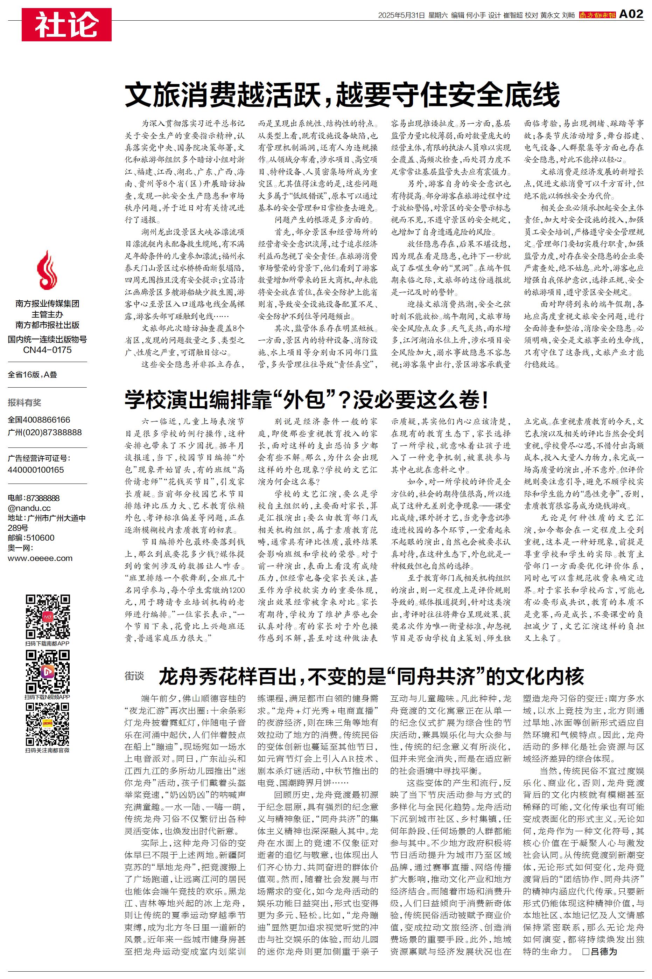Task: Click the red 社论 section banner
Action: pyautogui.click(x=66, y=25)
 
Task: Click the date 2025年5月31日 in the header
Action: pyautogui.click(x=401, y=15)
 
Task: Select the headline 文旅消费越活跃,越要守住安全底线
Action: pyautogui.click(x=342, y=95)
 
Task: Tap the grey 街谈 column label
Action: pyautogui.click(x=134, y=676)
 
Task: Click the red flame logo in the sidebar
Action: pyautogui.click(x=47, y=270)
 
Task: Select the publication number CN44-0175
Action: pyautogui.click(x=47, y=350)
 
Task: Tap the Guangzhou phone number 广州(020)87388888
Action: pyautogui.click(x=45, y=432)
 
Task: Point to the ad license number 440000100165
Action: pyautogui.click(x=36, y=470)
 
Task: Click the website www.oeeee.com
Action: pyautogui.click(x=40, y=558)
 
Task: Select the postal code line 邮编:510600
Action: pyautogui.click(x=31, y=538)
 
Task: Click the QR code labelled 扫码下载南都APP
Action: pyautogui.click(x=47, y=616)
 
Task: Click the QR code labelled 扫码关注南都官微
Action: pyautogui.click(x=47, y=724)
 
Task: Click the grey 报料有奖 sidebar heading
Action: pyautogui.click(x=24, y=402)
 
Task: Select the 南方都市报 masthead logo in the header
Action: pyautogui.click(x=597, y=15)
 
